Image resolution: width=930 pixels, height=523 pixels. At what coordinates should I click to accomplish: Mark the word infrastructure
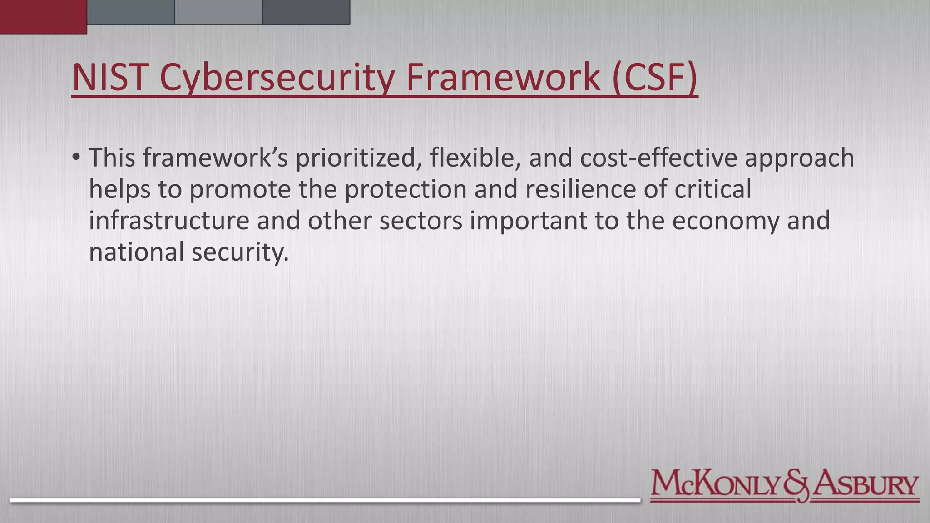click(x=169, y=221)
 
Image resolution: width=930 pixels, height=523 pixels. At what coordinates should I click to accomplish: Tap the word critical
click(x=713, y=189)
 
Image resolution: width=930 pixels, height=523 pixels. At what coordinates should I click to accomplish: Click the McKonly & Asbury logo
click(x=784, y=485)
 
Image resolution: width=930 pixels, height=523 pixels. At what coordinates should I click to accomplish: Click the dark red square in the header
click(x=43, y=16)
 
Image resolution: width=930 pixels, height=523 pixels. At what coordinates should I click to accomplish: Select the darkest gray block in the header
click(x=306, y=12)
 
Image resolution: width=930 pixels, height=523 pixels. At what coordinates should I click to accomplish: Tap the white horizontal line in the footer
click(x=325, y=500)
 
